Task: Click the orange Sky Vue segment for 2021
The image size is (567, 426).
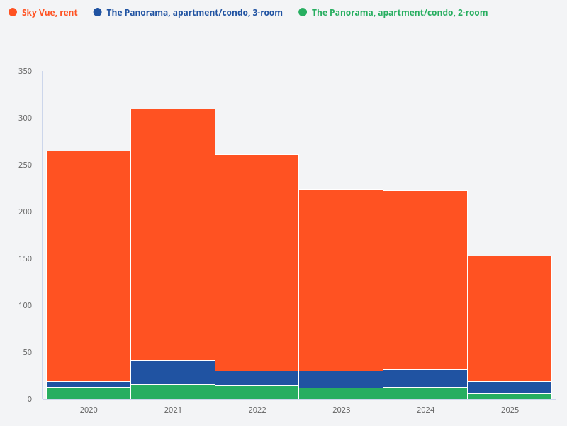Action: pos(173,234)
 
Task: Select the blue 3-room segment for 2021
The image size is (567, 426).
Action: pos(173,372)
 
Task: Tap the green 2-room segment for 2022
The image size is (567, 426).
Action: pos(257,392)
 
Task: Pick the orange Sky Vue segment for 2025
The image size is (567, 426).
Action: pos(510,319)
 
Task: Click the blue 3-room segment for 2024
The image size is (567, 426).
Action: pos(425,378)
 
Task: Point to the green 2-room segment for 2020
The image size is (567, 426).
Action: pos(89,393)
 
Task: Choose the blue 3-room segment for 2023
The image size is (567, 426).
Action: pos(341,379)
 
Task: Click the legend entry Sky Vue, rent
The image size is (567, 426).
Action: pos(50,13)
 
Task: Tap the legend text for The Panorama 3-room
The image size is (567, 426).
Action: pos(194,13)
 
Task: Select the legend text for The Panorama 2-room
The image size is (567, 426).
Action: pos(400,13)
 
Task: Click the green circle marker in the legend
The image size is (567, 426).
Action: pos(303,13)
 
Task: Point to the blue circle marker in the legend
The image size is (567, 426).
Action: pos(97,13)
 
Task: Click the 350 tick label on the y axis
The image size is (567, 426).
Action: pos(25,72)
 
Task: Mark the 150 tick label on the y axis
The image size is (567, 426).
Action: pos(25,258)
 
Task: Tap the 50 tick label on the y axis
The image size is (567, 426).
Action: pos(27,352)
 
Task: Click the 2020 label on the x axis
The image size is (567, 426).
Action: pos(89,410)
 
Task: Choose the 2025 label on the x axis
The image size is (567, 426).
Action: pos(510,410)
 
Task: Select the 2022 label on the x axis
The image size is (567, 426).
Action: pos(257,410)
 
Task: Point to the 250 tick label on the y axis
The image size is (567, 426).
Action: pos(25,165)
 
